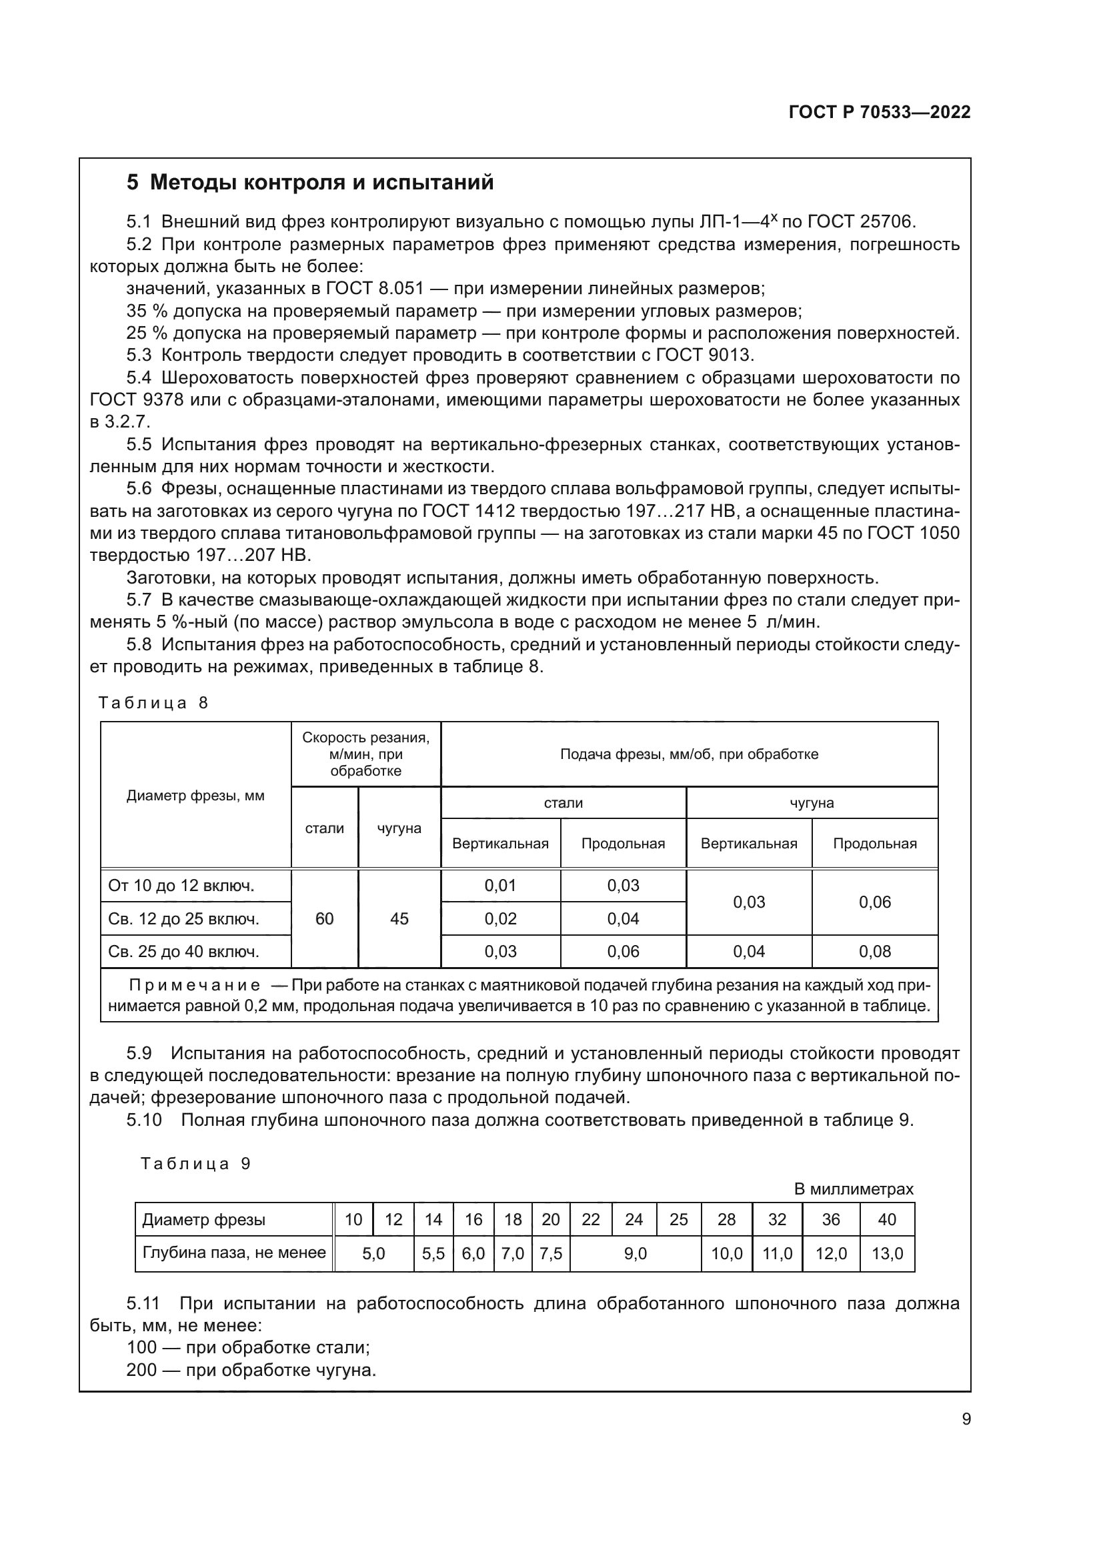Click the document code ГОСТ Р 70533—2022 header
880,112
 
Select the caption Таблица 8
153,702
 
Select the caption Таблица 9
195,1164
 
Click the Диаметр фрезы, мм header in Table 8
195,796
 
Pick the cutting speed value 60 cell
325,918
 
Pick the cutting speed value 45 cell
399,918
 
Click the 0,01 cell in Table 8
501,885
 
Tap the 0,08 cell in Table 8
875,951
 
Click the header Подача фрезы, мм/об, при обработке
689,754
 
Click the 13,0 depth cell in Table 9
887,1254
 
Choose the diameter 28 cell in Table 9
727,1220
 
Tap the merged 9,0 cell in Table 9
635,1254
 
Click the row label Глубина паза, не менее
233,1253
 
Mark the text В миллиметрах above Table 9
854,1189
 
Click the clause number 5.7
139,600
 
